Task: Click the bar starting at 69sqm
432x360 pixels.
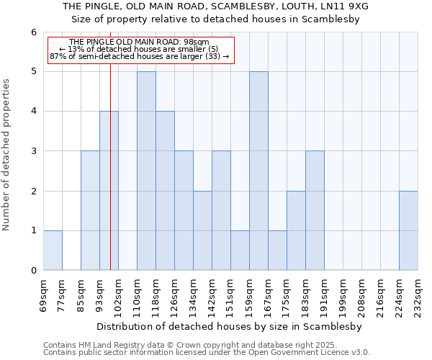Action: tap(53, 251)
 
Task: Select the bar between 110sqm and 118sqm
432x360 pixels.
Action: tap(146, 171)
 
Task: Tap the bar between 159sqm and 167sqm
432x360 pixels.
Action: tap(258, 171)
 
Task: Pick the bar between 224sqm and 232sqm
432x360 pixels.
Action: tap(408, 230)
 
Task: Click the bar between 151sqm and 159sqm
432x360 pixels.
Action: tap(240, 251)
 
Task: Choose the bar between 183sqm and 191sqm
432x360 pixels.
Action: tap(315, 210)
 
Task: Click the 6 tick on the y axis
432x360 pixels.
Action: tap(33, 32)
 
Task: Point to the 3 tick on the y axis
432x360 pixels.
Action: tap(33, 151)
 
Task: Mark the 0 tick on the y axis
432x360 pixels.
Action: tap(33, 270)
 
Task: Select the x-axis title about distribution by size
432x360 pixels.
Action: tap(229, 327)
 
